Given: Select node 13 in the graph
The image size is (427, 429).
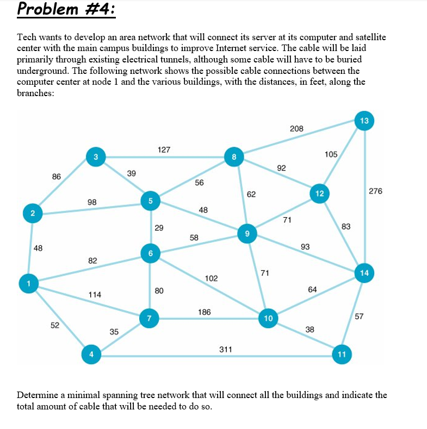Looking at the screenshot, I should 364,121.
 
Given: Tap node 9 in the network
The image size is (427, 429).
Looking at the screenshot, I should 247,234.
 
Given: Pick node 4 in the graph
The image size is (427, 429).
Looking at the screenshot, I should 91,355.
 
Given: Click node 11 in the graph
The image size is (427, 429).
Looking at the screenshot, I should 342,355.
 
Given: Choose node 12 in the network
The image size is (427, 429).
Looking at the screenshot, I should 319,193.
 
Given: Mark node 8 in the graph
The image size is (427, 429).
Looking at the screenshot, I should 233,157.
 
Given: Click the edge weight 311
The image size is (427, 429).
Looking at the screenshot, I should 226,349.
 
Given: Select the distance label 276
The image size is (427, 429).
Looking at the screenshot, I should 375,191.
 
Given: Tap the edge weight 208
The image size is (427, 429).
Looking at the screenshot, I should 296,129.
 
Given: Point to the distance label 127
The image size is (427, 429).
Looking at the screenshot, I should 164,149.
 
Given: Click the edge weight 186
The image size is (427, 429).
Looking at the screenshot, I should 205,312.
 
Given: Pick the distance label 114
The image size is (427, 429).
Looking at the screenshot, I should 95,294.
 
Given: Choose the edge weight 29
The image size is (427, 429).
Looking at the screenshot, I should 158,228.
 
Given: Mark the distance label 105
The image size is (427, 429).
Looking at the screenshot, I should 331,154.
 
